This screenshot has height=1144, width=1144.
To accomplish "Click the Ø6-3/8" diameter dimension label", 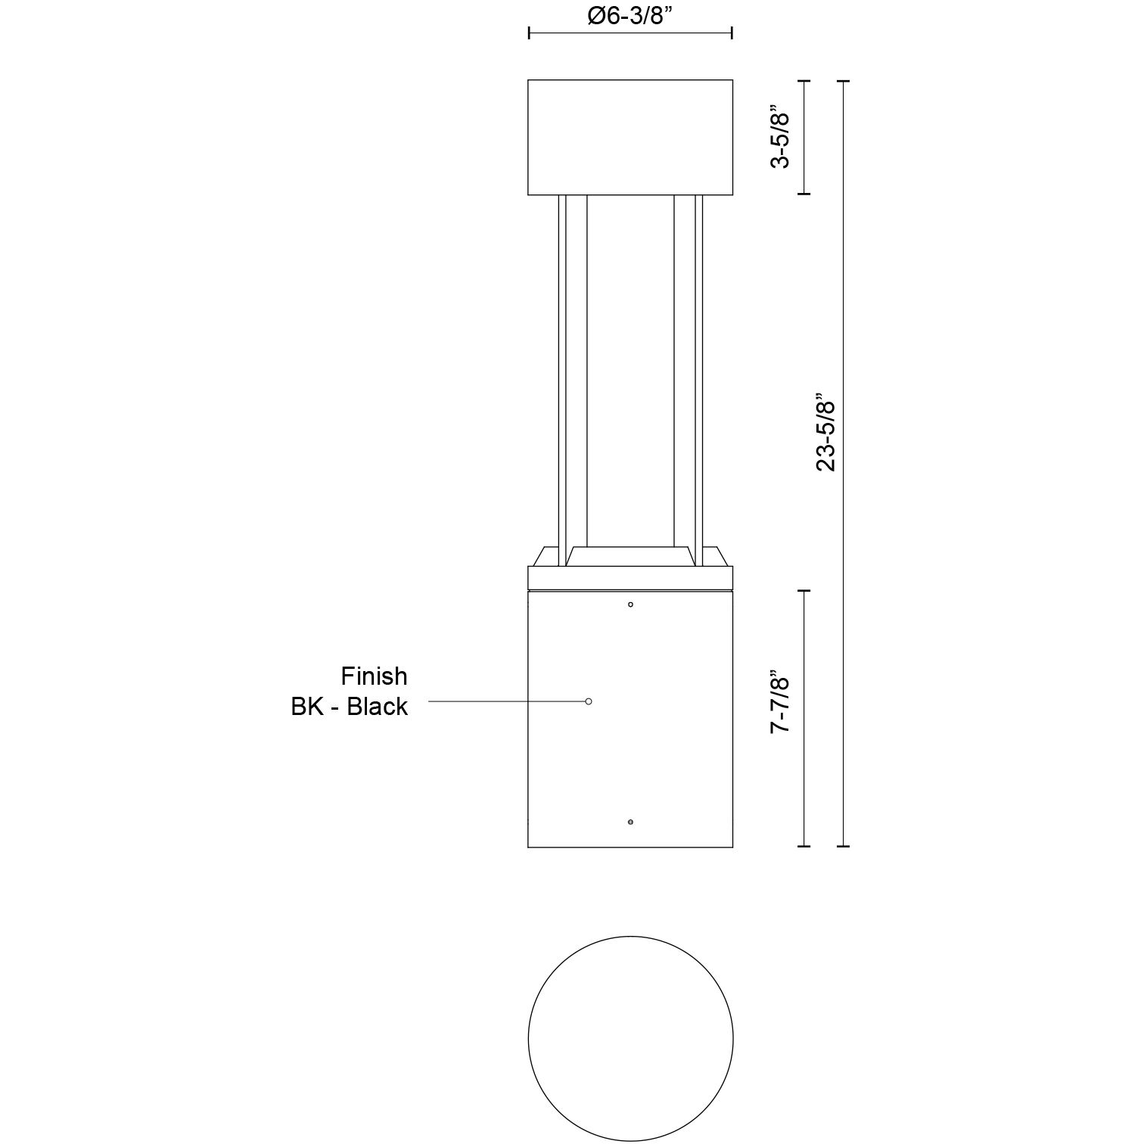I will click(x=630, y=16).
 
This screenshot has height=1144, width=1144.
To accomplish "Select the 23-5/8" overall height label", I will click(x=825, y=432).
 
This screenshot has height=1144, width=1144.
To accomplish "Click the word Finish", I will click(x=374, y=676).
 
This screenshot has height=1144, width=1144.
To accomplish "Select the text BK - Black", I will click(x=350, y=707).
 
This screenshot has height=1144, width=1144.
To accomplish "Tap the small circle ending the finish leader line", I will click(x=589, y=701).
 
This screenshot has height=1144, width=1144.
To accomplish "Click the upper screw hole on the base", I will click(x=631, y=605).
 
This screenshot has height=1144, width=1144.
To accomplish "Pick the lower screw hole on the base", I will click(x=631, y=822).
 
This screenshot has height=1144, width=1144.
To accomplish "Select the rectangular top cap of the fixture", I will click(x=630, y=137).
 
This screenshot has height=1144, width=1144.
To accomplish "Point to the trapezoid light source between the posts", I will click(x=630, y=555).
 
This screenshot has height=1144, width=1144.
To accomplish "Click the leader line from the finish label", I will click(x=507, y=701).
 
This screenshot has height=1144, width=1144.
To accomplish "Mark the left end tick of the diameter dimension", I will click(x=529, y=33).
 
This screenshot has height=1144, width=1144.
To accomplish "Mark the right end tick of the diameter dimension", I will click(x=732, y=33).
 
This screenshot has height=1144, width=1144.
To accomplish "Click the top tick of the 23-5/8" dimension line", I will click(x=844, y=80).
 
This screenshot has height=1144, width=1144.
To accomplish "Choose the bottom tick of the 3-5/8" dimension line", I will click(x=804, y=194).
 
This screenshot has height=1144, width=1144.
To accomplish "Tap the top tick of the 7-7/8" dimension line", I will click(x=804, y=591).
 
